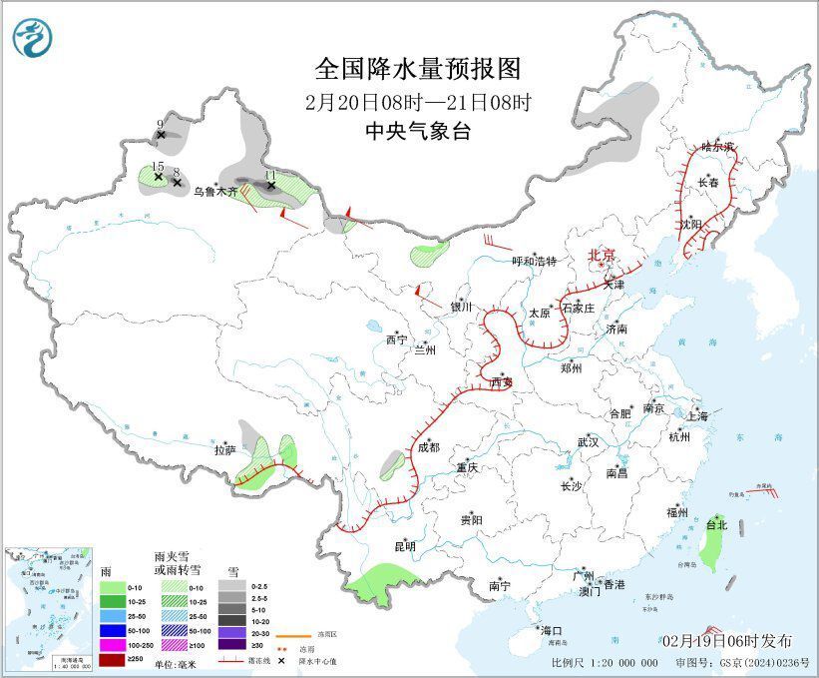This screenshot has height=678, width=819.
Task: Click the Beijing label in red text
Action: [603, 255]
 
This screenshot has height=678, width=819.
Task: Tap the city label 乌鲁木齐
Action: [215, 190]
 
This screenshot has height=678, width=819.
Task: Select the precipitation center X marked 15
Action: [158, 176]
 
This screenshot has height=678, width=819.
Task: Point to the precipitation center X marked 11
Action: [270, 185]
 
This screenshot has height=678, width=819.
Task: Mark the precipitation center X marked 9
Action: [161, 134]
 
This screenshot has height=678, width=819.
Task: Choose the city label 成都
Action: [428, 447]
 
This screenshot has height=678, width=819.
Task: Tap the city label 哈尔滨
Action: [716, 146]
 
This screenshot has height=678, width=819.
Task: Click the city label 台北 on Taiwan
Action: [716, 524]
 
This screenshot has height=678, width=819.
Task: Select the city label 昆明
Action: [404, 546]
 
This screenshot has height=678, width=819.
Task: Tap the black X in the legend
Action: [283, 660]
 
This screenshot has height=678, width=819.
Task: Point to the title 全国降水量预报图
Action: [418, 68]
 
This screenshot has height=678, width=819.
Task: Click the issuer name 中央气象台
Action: [418, 131]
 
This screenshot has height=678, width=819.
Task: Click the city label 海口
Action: [553, 631]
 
